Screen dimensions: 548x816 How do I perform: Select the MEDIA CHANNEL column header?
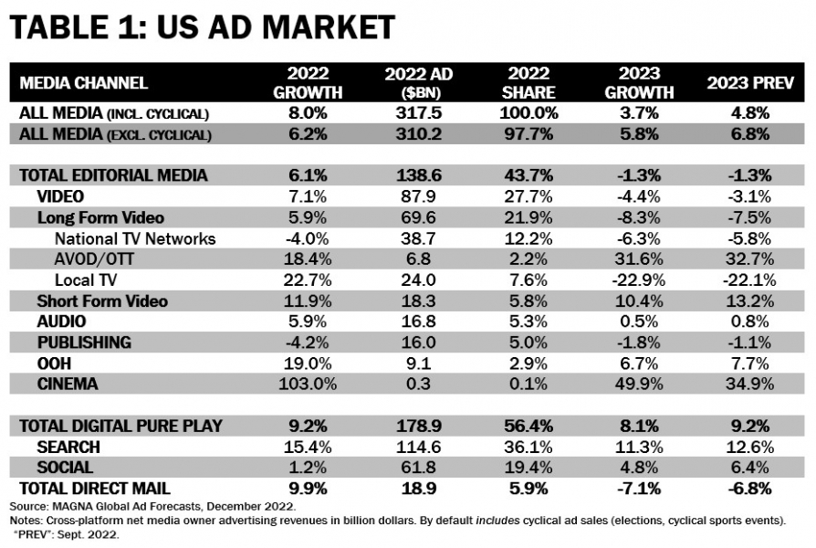(84, 83)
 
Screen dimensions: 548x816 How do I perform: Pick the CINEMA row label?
(68, 385)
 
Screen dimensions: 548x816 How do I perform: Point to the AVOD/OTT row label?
(96, 258)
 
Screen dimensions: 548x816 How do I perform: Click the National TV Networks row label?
(135, 238)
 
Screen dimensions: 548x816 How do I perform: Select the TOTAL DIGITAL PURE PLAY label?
(120, 426)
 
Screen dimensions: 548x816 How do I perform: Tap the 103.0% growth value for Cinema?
(307, 385)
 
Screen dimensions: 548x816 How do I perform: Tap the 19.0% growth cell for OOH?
(307, 364)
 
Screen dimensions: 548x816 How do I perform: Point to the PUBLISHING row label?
(84, 342)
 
